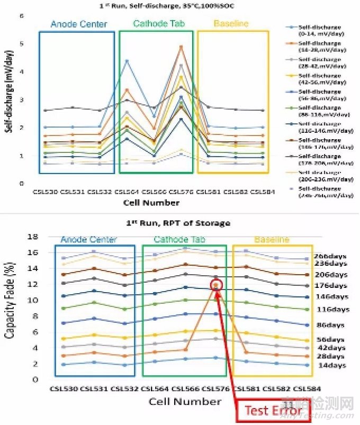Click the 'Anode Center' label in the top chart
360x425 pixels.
coord(78,24)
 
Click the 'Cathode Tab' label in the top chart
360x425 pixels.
coord(155,24)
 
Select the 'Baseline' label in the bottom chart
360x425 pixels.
coord(272,239)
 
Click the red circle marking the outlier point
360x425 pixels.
coord(215,285)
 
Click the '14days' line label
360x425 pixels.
coord(332,365)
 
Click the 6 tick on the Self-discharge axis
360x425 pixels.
coord(22,16)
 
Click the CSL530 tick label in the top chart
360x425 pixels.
coord(45,191)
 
